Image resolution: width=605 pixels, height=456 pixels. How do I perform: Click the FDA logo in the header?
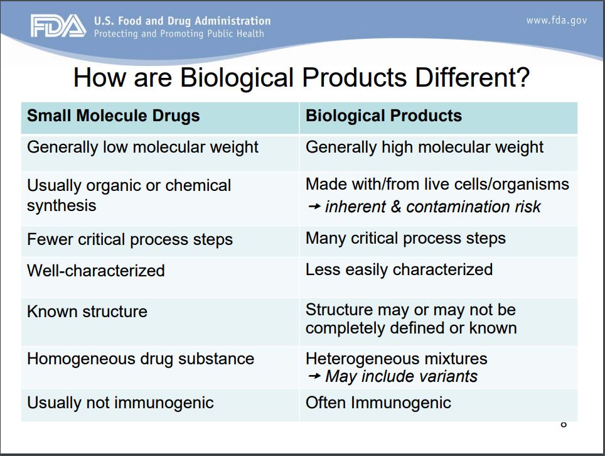[x=58, y=26]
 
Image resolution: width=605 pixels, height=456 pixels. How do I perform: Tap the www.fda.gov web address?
[x=556, y=20]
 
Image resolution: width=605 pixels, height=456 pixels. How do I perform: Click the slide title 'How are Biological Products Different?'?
[x=301, y=78]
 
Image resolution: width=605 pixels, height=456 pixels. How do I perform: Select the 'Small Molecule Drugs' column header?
[x=113, y=116]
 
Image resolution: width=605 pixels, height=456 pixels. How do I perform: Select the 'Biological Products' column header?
[x=383, y=116]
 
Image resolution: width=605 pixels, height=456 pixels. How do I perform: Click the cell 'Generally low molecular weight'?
[x=142, y=147]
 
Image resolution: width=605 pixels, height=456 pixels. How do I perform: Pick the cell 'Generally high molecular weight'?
[x=424, y=147]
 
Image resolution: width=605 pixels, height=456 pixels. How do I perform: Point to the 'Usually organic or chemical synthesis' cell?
[x=129, y=195]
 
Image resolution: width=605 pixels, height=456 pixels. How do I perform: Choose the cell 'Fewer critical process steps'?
[x=129, y=239]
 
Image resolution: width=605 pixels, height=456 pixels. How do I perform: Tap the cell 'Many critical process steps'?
[x=405, y=239]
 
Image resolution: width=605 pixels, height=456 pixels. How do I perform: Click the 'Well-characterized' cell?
[x=95, y=271]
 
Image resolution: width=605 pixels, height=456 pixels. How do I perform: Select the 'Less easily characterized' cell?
[x=399, y=269]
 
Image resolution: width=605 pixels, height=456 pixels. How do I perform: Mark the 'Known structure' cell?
[x=87, y=312]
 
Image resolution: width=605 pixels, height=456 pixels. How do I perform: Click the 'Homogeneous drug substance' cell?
[x=140, y=359]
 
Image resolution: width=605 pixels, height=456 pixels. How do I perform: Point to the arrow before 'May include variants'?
[x=314, y=377]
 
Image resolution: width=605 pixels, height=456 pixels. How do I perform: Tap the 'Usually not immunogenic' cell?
[x=120, y=403]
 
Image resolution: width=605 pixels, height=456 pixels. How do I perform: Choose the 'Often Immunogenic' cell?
[x=378, y=403]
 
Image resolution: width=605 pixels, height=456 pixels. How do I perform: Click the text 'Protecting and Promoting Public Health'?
[x=179, y=34]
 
